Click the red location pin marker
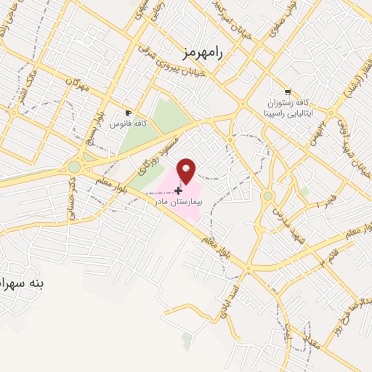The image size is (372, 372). click(x=187, y=170)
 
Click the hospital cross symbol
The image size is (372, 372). click(x=178, y=190)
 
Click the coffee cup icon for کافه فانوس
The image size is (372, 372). click(x=129, y=113)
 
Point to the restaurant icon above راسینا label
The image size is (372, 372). click(x=288, y=92)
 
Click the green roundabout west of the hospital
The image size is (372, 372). click(x=74, y=168)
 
